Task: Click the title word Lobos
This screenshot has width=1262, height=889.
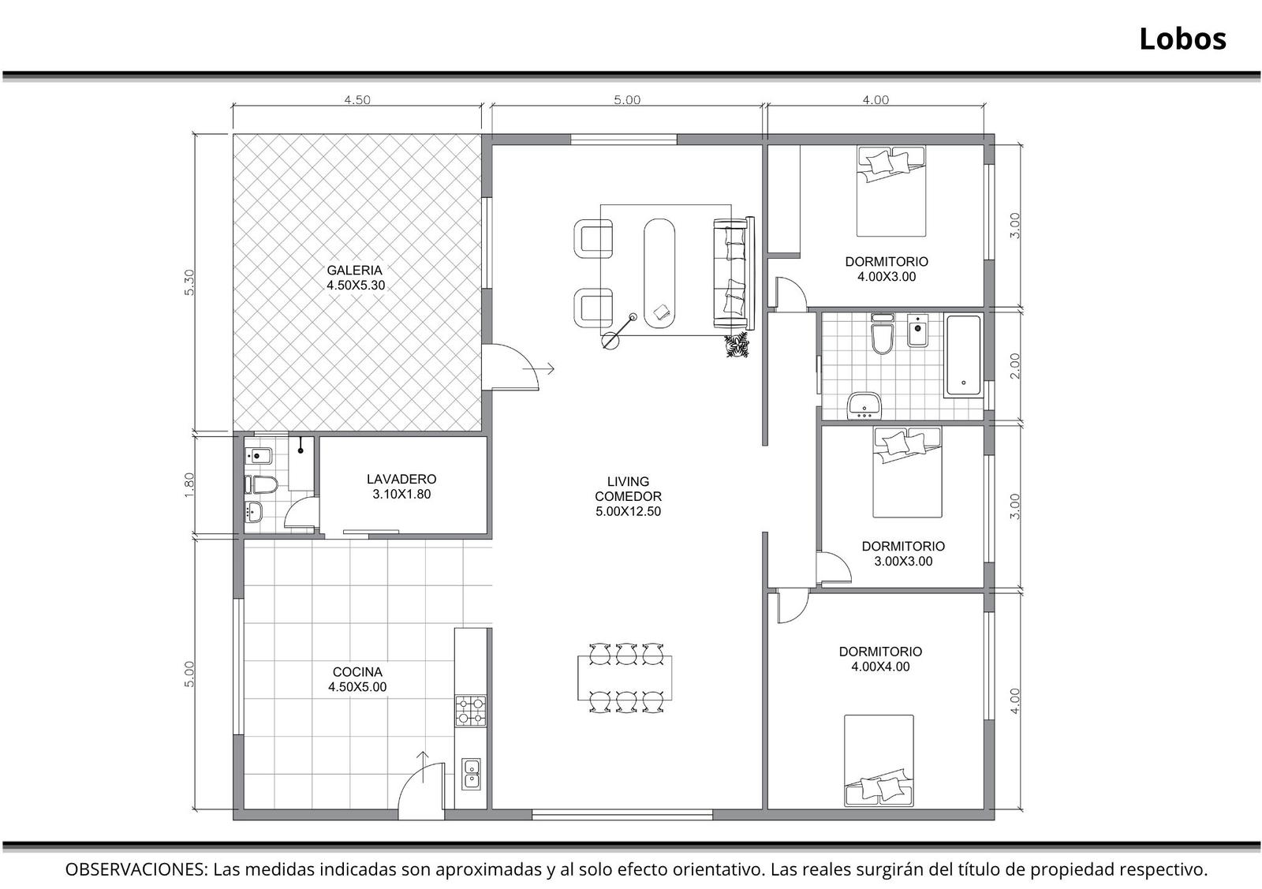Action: point(1182,39)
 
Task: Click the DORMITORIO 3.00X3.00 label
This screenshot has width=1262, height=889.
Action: point(903,554)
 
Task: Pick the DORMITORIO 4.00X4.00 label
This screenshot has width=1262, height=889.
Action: point(880,659)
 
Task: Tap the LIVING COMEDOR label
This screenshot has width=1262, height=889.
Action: point(628,496)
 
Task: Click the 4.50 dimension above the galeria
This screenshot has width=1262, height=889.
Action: point(357,99)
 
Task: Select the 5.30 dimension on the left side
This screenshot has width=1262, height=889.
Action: point(189,282)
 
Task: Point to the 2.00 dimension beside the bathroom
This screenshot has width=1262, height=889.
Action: point(1014,366)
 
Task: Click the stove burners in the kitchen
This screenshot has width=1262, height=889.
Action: point(470,711)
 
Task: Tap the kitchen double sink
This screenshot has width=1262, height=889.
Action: point(471,774)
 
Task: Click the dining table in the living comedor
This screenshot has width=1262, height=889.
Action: point(625,678)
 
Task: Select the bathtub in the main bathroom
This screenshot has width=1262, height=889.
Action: point(963,356)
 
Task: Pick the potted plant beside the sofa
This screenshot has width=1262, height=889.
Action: point(737,345)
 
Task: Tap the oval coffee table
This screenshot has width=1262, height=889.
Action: point(659,273)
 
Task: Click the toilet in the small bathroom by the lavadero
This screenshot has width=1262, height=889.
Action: point(263,484)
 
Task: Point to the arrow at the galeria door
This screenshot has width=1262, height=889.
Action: point(539,369)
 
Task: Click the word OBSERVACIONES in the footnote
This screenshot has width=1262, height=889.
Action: point(136,869)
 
